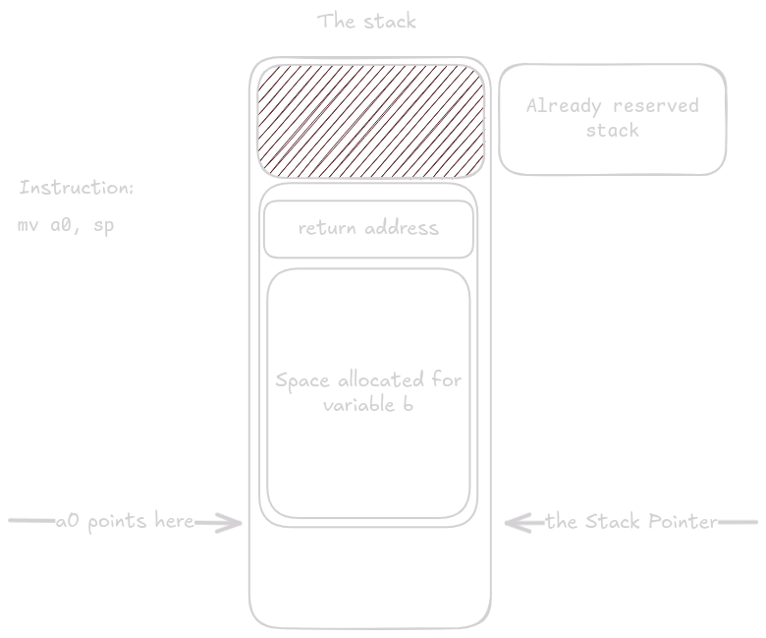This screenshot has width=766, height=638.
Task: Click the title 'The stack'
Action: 367,21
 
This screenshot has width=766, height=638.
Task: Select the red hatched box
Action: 370,118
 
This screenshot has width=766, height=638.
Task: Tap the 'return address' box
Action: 368,229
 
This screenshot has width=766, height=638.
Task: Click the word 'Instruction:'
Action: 77,188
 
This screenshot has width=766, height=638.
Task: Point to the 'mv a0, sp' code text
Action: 67,225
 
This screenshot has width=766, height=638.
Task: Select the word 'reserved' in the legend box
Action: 657,106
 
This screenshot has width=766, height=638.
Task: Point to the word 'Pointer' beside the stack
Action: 680,522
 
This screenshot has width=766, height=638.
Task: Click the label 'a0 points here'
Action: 125,522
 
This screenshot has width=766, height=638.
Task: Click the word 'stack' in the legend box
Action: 612,131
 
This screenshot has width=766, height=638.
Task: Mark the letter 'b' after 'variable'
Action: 408,405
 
